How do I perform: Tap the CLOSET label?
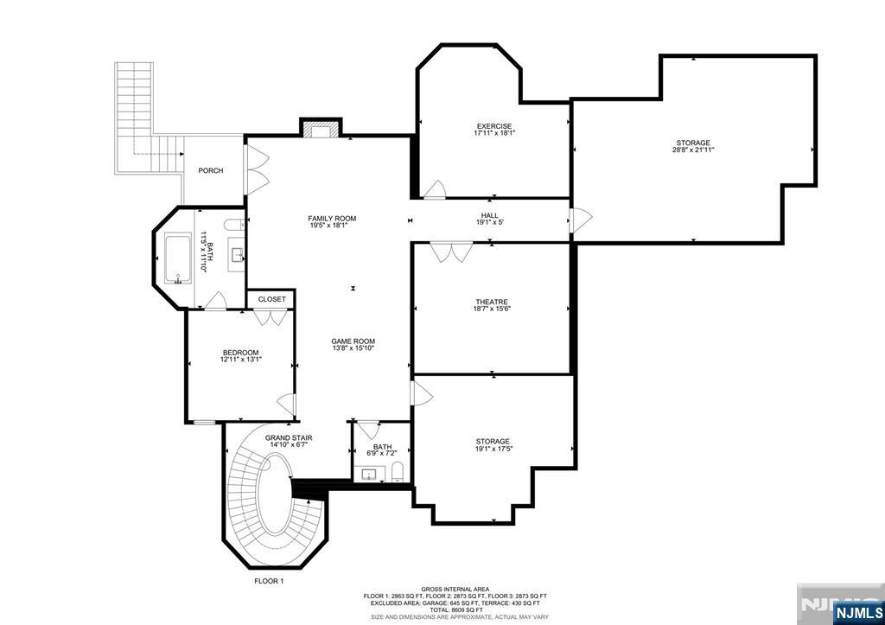pos(271,299)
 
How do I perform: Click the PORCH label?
pos(210,170)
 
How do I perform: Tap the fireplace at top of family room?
pos(321,130)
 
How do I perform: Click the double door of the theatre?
pos(452,252)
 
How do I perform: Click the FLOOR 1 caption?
pos(269,581)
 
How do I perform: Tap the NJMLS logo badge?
pos(856,613)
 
